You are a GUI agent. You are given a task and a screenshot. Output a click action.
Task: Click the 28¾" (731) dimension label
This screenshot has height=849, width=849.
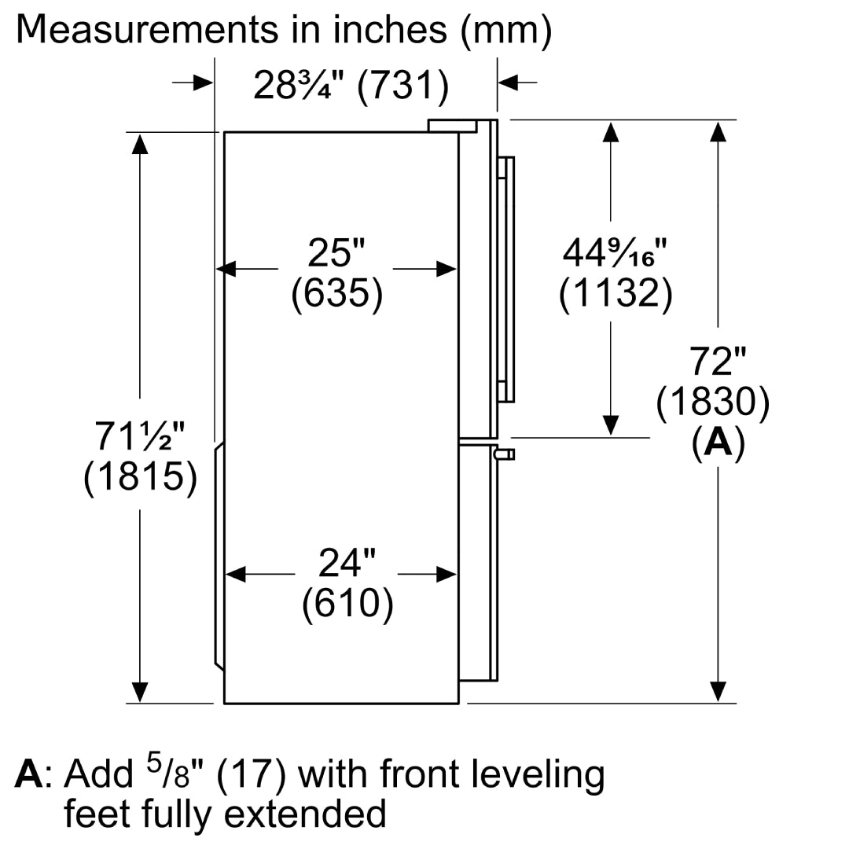pyautogui.click(x=351, y=86)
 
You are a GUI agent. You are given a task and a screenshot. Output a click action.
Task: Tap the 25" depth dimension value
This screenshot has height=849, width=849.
pyautogui.click(x=336, y=252)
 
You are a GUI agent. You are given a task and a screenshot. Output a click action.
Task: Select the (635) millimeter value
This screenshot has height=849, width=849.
pyautogui.click(x=336, y=293)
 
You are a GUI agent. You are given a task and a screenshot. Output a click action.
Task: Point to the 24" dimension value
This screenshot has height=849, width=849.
pyautogui.click(x=347, y=563)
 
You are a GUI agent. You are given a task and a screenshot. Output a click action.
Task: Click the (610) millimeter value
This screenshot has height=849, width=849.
pyautogui.click(x=347, y=604)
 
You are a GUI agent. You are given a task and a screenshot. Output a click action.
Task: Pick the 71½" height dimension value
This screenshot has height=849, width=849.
pyautogui.click(x=140, y=436)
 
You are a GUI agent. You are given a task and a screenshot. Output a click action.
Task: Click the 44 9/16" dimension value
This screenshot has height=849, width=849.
pyautogui.click(x=615, y=252)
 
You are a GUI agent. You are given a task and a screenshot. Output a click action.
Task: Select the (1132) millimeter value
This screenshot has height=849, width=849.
pyautogui.click(x=616, y=293)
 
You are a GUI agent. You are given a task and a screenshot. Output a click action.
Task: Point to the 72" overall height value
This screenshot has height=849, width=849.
pyautogui.click(x=718, y=361)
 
